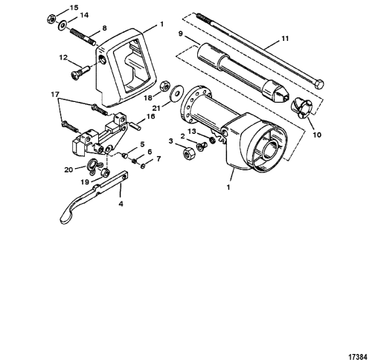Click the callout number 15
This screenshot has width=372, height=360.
[x=74, y=7]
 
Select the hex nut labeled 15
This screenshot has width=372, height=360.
[x=51, y=19]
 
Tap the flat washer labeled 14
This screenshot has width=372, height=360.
[x=62, y=25]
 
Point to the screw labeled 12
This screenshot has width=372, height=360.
[x=80, y=72]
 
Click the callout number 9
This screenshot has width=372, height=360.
[x=180, y=33]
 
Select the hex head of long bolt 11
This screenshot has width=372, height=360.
[x=318, y=84]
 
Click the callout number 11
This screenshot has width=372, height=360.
[x=285, y=39]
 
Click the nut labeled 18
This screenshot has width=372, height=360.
[x=164, y=86]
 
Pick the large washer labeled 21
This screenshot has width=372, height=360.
[x=177, y=93]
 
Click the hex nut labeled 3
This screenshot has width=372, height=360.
[x=189, y=153]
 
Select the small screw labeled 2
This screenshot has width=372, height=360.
[x=200, y=146]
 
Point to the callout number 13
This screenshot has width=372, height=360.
[x=191, y=132]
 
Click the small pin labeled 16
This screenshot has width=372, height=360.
[x=136, y=126]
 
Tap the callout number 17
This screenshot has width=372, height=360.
[x=55, y=94]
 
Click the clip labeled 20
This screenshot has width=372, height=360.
[x=92, y=165]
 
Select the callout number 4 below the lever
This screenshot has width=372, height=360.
[x=121, y=204]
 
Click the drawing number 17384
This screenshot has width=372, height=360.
[x=357, y=356]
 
